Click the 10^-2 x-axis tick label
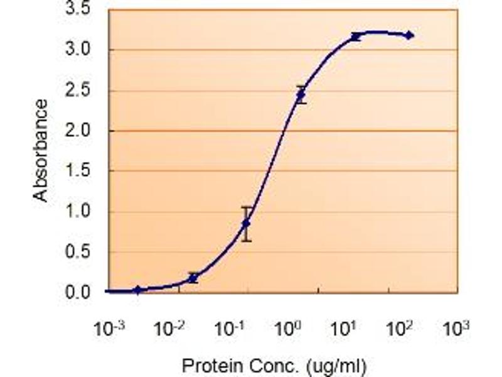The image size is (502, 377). [179, 328]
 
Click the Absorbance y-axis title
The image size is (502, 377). [41, 150]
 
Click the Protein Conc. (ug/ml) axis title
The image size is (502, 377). [274, 365]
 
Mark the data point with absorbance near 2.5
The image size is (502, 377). [301, 95]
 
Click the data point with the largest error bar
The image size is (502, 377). [247, 223]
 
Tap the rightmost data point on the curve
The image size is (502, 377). [409, 35]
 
